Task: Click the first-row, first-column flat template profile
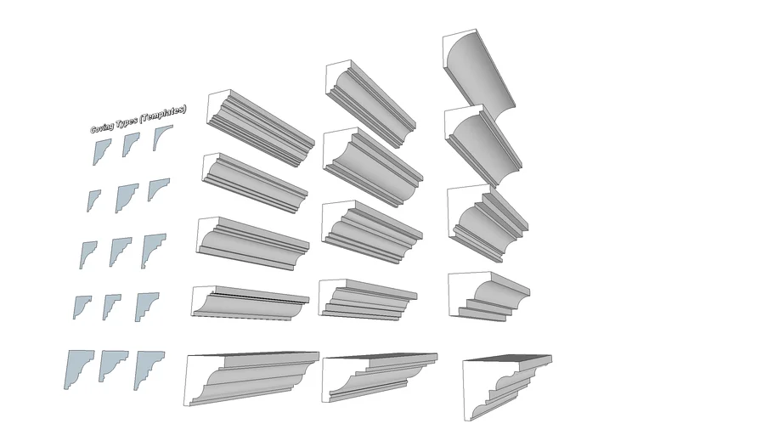[101, 150]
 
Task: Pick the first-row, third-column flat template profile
[160, 137]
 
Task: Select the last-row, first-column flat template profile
[78, 367]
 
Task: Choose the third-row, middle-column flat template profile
[120, 251]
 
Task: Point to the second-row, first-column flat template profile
[93, 201]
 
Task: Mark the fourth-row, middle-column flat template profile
[110, 305]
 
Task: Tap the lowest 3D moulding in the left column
[251, 378]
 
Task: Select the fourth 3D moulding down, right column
[488, 296]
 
